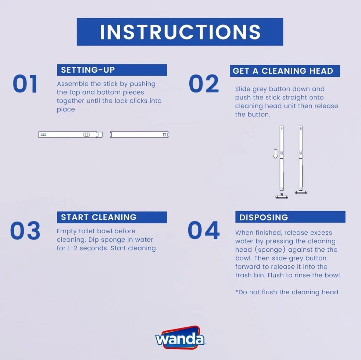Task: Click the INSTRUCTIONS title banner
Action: click(180, 32)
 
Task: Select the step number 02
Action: click(203, 84)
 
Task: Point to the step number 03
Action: click(25, 230)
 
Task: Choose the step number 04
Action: click(203, 230)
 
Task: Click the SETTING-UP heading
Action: click(112, 70)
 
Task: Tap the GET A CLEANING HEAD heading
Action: click(285, 71)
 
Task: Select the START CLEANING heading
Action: click(112, 217)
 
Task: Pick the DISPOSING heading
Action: click(290, 217)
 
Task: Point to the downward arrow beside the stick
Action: click(275, 154)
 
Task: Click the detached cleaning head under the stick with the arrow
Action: click(282, 196)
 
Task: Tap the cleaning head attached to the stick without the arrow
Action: click(301, 192)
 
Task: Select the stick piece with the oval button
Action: click(71, 135)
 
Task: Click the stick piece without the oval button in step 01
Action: click(139, 135)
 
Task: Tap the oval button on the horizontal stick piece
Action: click(86, 135)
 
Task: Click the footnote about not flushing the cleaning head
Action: click(287, 292)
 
